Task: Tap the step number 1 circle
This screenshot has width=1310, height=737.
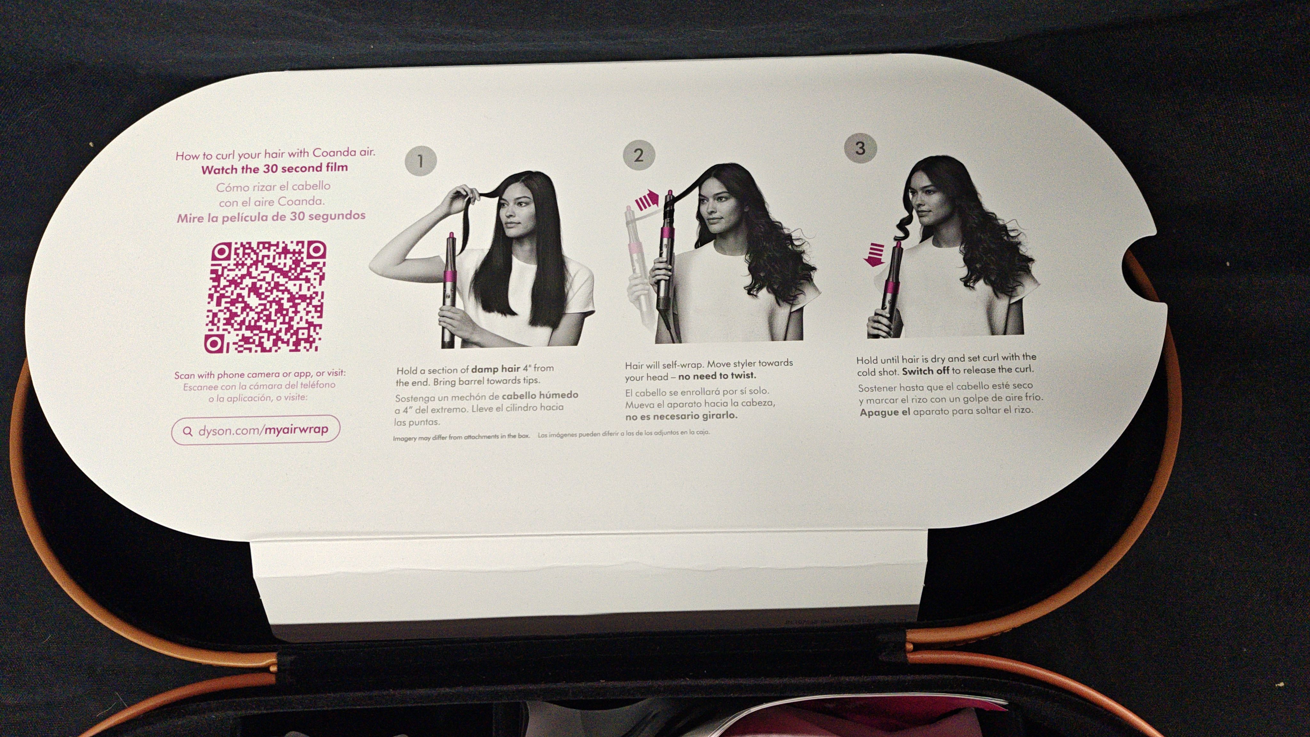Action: tap(420, 161)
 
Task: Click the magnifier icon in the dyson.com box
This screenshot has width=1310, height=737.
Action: tap(188, 432)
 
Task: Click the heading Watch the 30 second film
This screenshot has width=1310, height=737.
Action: tap(275, 168)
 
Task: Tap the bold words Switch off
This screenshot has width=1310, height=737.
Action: tap(926, 370)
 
